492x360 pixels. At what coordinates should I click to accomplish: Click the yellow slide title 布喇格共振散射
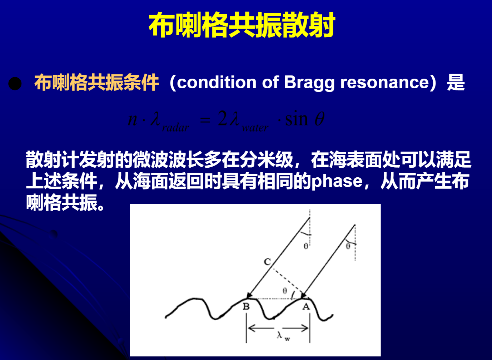(242, 25)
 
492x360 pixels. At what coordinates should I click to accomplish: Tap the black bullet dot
(15, 84)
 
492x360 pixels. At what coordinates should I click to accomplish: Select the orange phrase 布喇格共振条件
(96, 83)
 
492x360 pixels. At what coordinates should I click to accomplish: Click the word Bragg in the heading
(309, 83)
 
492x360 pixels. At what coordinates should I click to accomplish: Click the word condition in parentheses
(217, 82)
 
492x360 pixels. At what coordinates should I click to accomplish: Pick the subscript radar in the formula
(175, 128)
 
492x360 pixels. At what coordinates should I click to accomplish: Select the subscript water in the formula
(255, 128)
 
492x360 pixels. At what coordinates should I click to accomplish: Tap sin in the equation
(296, 119)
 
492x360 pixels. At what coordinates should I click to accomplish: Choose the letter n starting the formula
(133, 119)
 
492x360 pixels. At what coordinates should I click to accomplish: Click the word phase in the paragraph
(337, 181)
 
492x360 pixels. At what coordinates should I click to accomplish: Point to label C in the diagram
(267, 262)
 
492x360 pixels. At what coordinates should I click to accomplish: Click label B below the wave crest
(246, 307)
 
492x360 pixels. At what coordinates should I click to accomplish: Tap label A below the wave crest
(306, 307)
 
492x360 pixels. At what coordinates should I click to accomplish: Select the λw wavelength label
(283, 336)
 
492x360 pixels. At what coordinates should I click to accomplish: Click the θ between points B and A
(285, 291)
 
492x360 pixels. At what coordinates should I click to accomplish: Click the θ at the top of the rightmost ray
(348, 246)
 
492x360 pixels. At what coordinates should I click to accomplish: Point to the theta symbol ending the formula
(319, 119)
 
